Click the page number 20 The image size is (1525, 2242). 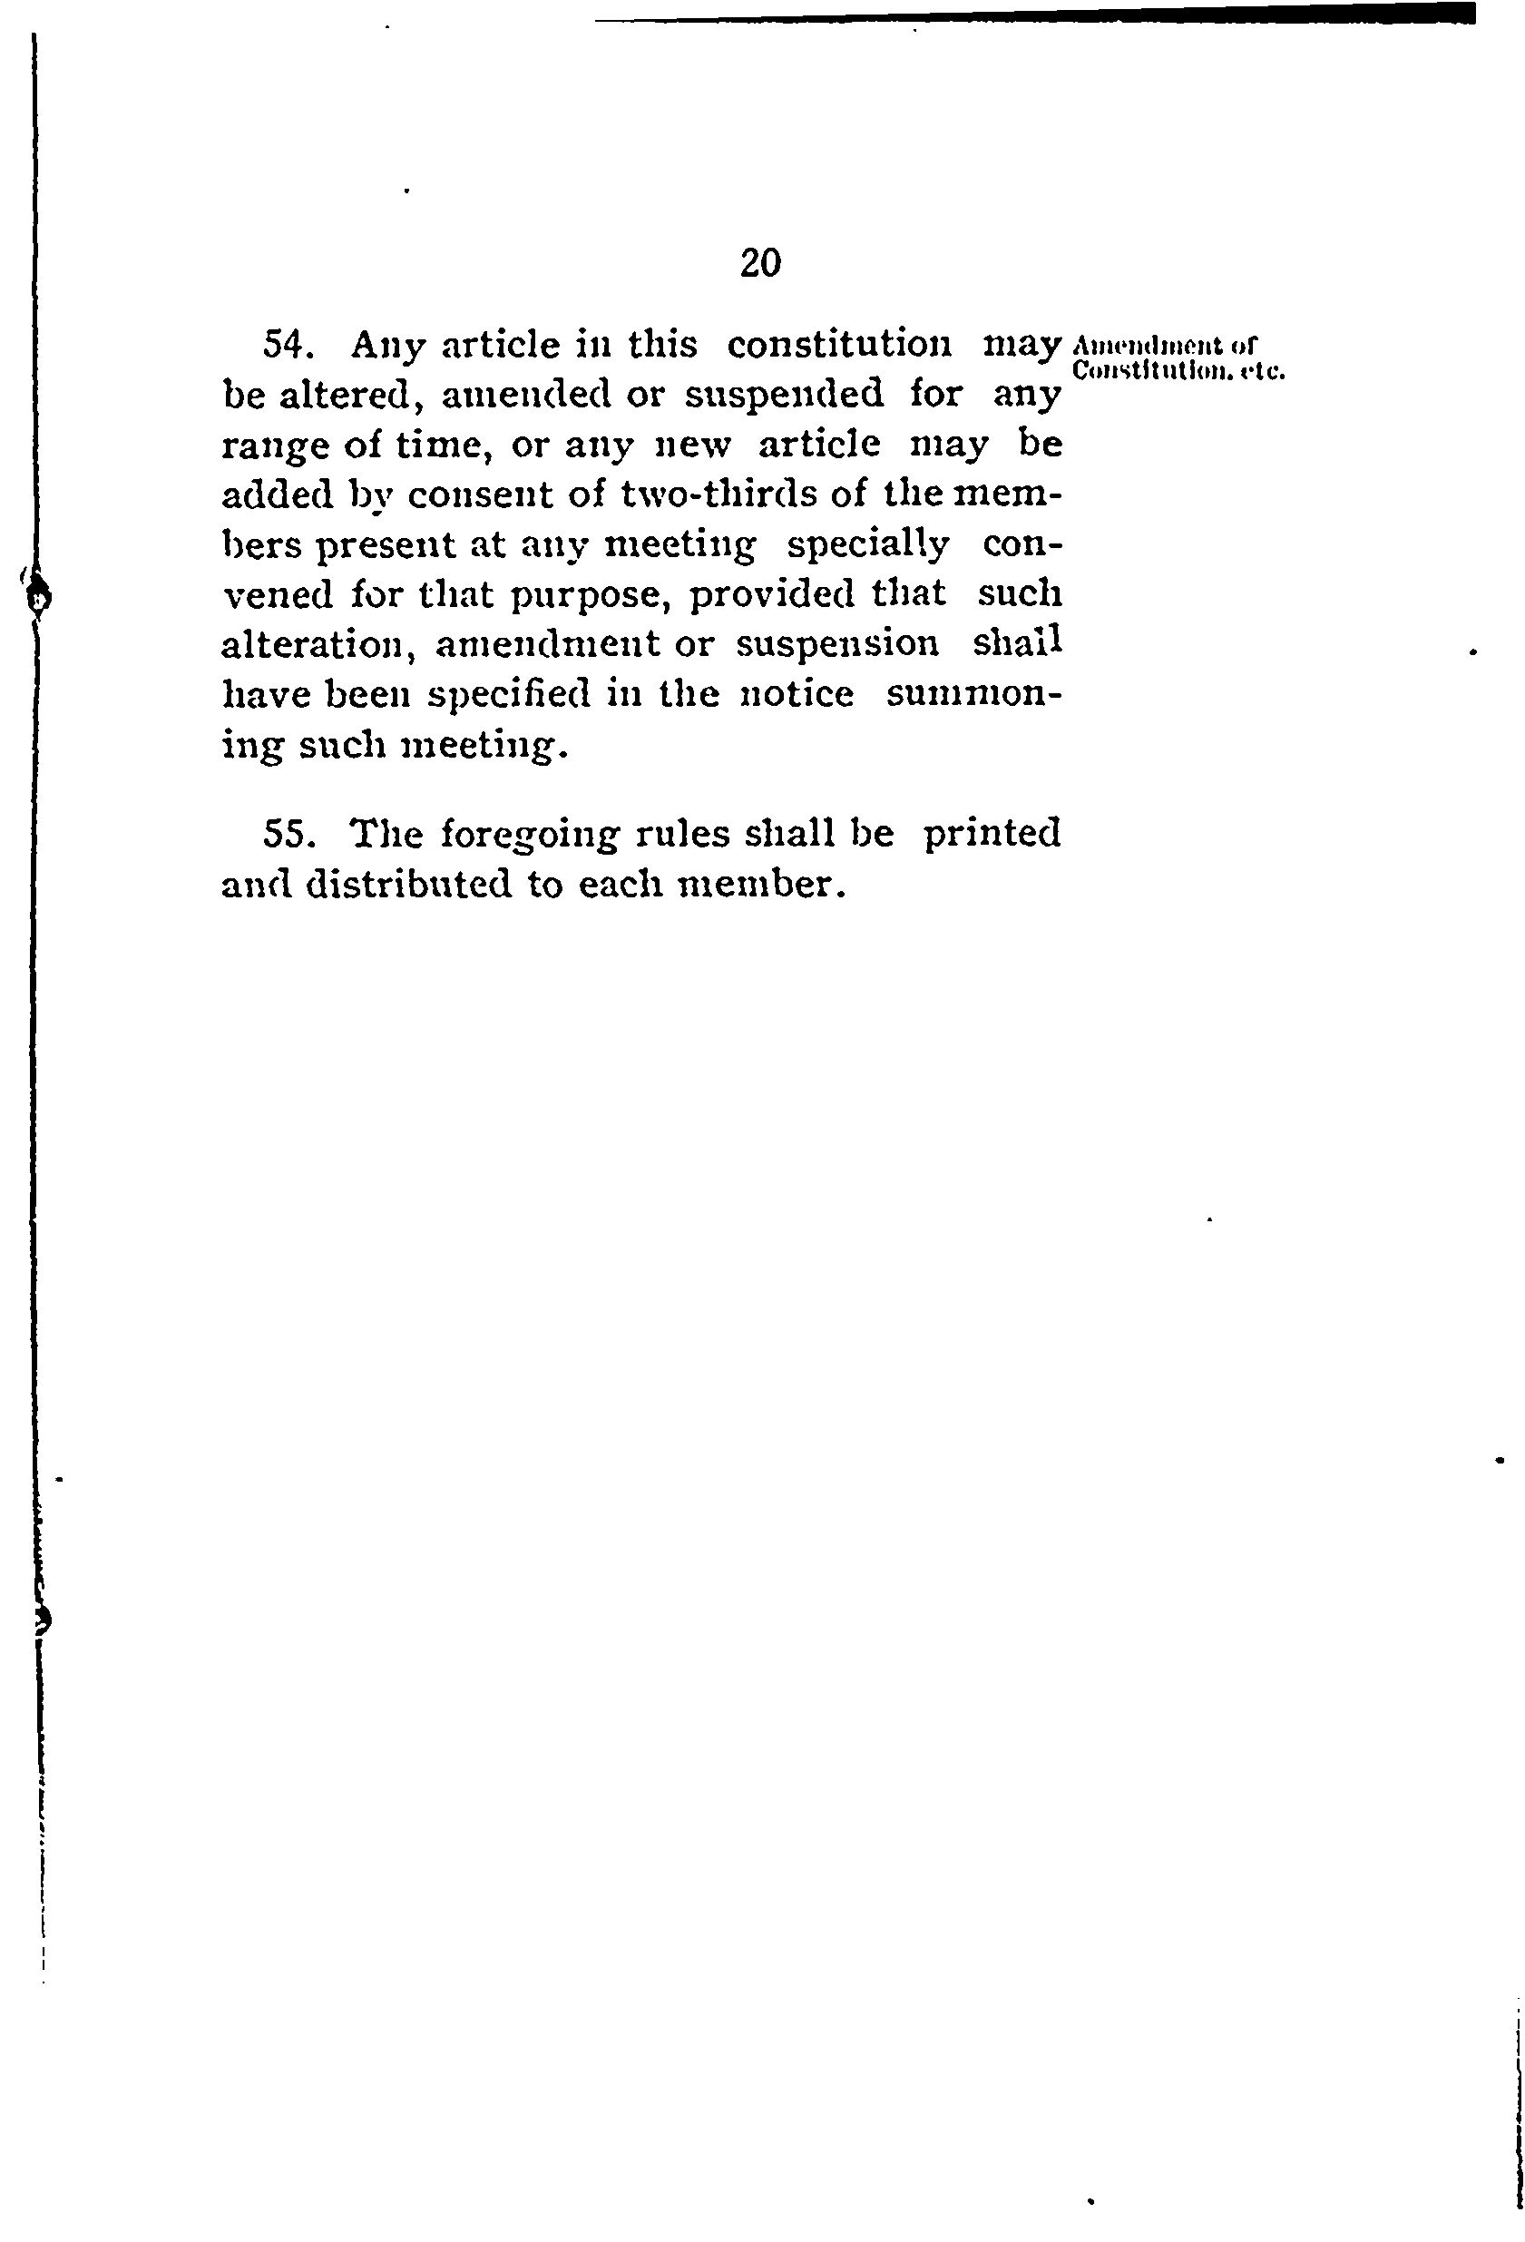(760, 262)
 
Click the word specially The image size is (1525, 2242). (867, 545)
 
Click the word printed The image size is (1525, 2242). (992, 834)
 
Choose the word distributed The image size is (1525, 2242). (408, 884)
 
